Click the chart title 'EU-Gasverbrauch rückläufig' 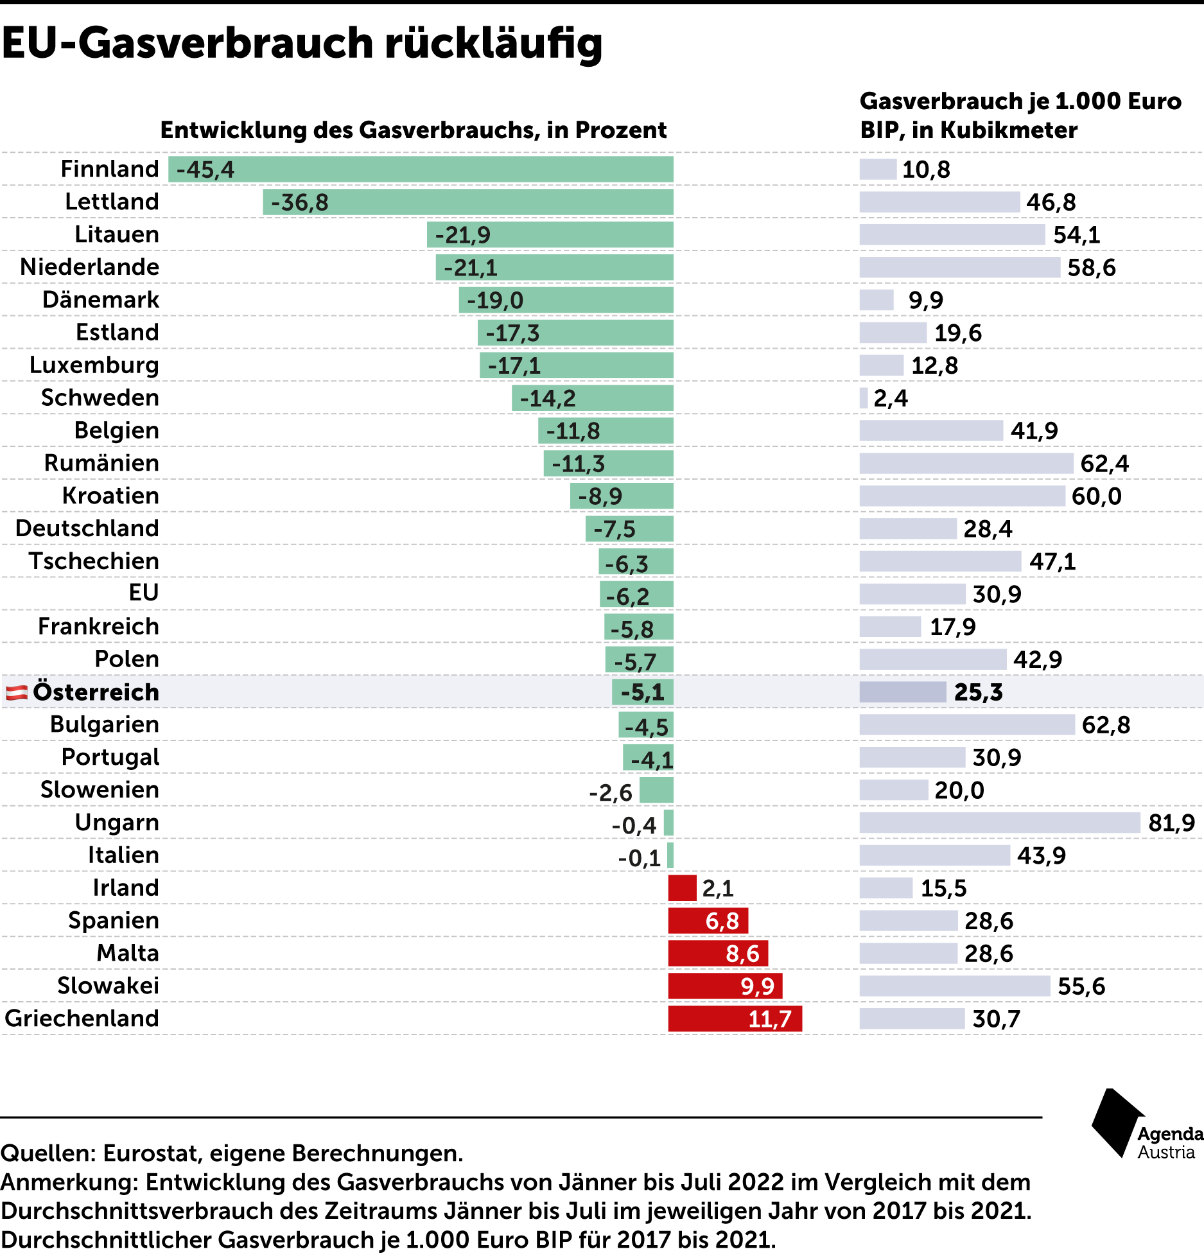point(302,44)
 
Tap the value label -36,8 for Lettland point(299,202)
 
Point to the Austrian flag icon point(17,692)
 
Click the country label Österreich point(96,692)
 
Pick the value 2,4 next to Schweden point(891,398)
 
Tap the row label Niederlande point(90,267)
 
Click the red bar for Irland point(682,888)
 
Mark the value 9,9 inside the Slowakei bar point(758,986)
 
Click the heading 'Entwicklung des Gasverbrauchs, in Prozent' point(414,130)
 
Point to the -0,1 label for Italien point(640,858)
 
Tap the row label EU point(143,593)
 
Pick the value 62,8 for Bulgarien point(1106,725)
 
